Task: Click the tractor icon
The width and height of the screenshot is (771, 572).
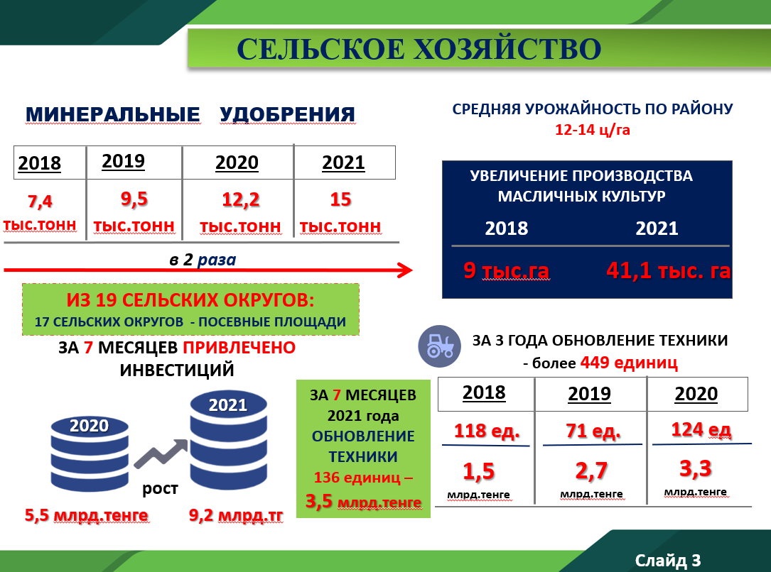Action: click(x=440, y=346)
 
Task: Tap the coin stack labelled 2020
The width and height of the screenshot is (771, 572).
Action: click(x=90, y=453)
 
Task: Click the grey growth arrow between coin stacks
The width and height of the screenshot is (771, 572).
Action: click(x=161, y=453)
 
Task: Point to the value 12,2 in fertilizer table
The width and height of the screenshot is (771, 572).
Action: click(x=240, y=199)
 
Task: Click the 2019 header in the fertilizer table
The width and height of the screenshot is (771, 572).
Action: click(x=124, y=161)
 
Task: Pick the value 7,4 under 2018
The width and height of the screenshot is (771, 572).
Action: click(x=40, y=202)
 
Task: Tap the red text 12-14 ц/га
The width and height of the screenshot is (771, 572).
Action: click(x=593, y=130)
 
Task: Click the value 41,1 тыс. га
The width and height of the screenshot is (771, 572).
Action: click(x=668, y=270)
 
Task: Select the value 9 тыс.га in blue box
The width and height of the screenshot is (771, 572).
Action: click(x=506, y=270)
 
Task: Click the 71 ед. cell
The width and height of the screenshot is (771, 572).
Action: click(x=593, y=431)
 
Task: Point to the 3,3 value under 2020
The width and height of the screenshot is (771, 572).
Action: click(x=695, y=468)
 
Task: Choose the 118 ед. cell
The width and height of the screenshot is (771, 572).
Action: click(x=487, y=431)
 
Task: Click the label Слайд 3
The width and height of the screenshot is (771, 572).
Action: click(x=668, y=560)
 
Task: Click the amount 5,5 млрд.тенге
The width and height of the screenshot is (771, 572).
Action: click(x=87, y=515)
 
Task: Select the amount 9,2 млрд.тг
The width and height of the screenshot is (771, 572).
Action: click(x=236, y=515)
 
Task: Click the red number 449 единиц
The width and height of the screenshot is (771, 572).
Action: click(x=629, y=363)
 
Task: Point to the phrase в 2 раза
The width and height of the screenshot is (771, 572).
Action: click(x=203, y=259)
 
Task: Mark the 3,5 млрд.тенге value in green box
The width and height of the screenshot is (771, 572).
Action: click(x=363, y=501)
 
